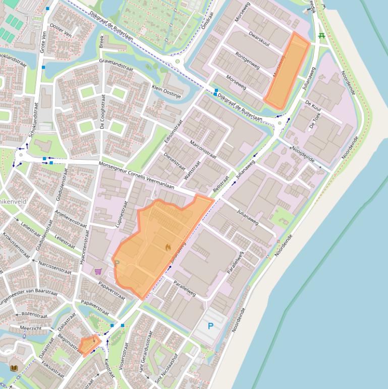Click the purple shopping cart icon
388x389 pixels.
(x=98, y=271)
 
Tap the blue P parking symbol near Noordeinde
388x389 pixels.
(x=211, y=326)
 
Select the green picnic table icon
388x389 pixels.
(x=322, y=36)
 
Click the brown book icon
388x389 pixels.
(x=14, y=368)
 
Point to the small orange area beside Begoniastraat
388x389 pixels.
(x=89, y=346)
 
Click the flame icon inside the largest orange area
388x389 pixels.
(x=168, y=247)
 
